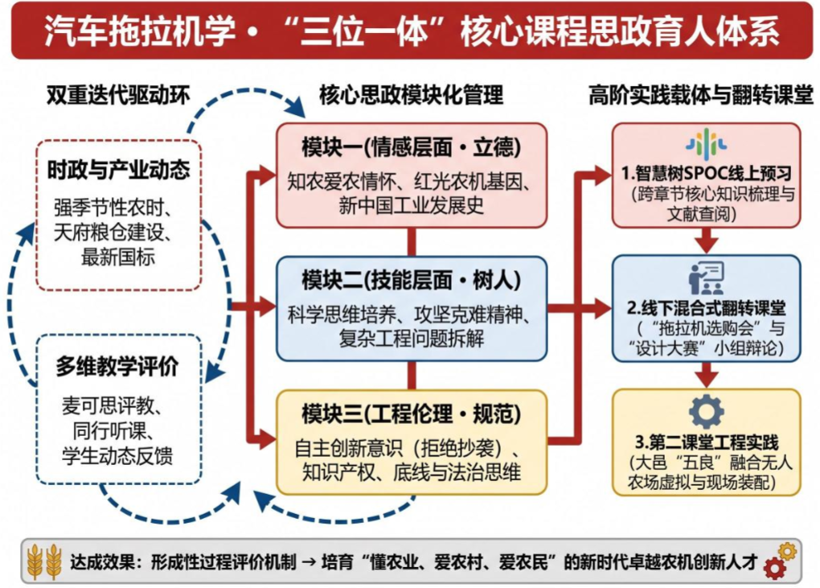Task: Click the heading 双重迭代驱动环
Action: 117,95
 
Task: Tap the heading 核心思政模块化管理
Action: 411,95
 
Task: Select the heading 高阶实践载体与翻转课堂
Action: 701,95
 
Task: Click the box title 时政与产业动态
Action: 119,170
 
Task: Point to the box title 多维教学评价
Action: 117,367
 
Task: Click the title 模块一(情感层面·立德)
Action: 411,147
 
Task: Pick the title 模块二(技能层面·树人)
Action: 411,281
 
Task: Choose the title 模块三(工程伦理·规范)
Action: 411,413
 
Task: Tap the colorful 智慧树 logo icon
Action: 707,143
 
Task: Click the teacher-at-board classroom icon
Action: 706,278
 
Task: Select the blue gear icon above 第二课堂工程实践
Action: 707,412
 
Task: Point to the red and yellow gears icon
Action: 779,561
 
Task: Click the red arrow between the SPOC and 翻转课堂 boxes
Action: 707,241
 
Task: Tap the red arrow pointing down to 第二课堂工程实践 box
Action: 707,375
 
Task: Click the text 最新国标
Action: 118,257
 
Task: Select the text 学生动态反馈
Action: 117,455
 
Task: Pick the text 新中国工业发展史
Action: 411,205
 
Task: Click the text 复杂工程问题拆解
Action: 411,339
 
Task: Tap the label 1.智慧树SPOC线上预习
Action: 707,173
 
